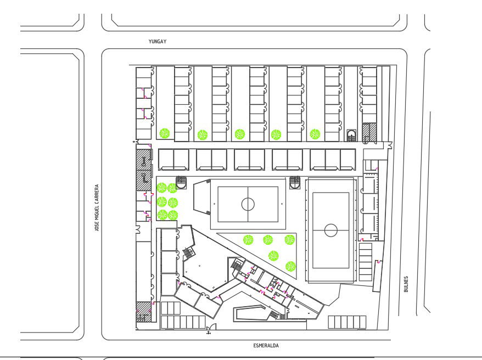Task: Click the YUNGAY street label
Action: coord(158,42)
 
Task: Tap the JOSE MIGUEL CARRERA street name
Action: coord(97,207)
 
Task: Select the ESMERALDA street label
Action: coord(266,346)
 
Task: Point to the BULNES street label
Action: coord(406,284)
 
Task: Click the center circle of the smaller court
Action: coord(248,204)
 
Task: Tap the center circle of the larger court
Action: coord(331,230)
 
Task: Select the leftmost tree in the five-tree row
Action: coord(165,133)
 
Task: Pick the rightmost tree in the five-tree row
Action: coord(315,134)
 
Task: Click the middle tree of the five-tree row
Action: coord(240,134)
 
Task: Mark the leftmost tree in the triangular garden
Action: coord(248,240)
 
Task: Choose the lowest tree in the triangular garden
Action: coord(290,266)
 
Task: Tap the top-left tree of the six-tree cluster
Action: coord(162,188)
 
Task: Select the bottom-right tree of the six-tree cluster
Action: coord(173,215)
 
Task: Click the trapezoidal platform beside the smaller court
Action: coord(202,197)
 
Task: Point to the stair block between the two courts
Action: coord(294,183)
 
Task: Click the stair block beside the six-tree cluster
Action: coord(181,182)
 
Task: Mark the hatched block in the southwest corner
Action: coord(144,312)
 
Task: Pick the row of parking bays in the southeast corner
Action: coord(347,322)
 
